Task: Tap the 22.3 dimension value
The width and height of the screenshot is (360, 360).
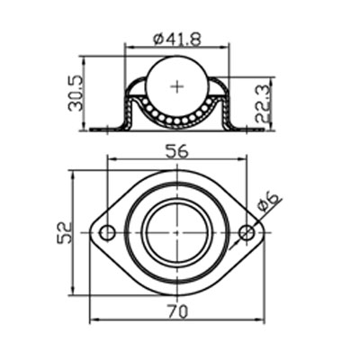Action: [x=260, y=103]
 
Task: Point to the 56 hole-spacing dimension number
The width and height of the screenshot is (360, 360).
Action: [x=176, y=151]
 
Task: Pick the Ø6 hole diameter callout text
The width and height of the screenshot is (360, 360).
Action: [x=268, y=202]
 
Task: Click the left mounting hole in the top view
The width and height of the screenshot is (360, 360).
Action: [x=107, y=234]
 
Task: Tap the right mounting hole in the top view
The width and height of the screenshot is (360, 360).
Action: [x=247, y=234]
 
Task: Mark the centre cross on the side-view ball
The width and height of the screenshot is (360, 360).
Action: [x=176, y=86]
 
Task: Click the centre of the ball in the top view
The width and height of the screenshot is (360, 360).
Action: [x=176, y=234]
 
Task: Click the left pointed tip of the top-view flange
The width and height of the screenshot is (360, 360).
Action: [x=91, y=234]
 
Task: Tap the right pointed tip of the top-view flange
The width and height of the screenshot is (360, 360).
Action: [x=263, y=234]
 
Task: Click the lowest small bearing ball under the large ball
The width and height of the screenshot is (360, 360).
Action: [x=176, y=121]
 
